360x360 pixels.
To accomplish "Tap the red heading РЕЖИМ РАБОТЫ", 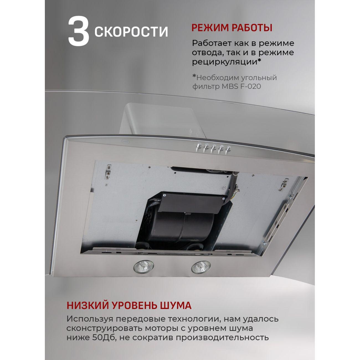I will [x=232, y=28].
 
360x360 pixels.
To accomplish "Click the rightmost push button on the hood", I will [x=228, y=149].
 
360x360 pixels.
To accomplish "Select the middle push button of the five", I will [x=213, y=148].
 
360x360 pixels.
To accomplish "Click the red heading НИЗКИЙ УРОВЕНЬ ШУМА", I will [x=129, y=305].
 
